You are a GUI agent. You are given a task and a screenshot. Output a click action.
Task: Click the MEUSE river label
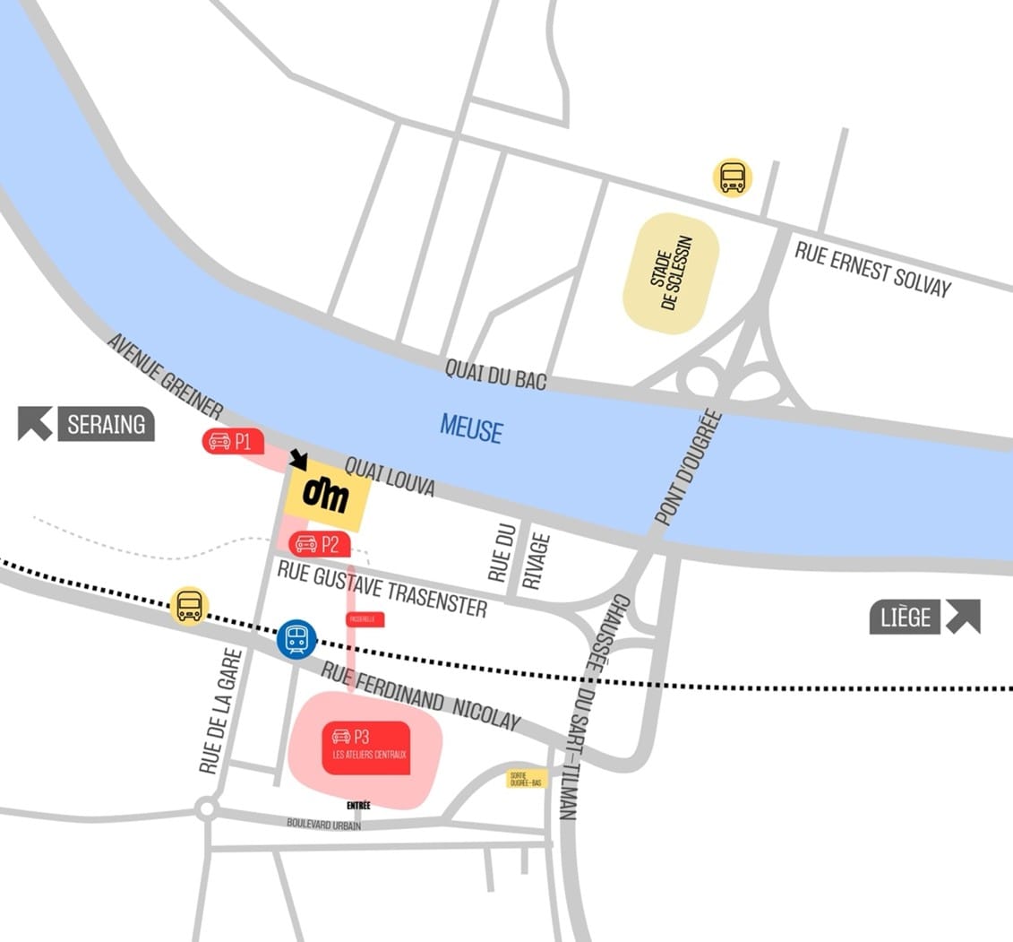(x=471, y=428)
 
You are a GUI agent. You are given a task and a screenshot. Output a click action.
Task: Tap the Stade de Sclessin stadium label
(x=672, y=273)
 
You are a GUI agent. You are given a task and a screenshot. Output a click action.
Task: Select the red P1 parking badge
(x=233, y=441)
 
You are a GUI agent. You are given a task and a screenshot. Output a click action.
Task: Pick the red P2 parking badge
(x=319, y=543)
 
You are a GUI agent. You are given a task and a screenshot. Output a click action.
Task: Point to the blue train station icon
(x=296, y=639)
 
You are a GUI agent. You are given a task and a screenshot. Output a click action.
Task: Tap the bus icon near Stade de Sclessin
(x=733, y=177)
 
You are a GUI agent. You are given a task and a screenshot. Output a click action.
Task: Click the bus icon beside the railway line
(x=189, y=606)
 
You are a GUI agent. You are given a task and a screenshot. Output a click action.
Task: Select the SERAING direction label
(x=106, y=424)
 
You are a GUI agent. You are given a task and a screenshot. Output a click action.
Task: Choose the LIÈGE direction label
(x=906, y=618)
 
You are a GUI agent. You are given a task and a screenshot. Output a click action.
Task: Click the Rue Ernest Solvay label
(x=872, y=267)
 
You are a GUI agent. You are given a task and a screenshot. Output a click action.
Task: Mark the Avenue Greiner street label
(x=165, y=376)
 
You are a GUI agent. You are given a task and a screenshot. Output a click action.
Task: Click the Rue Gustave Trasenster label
(x=382, y=588)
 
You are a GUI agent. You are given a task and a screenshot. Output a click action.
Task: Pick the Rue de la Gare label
(x=210, y=711)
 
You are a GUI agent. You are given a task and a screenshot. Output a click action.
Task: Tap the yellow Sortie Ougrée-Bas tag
(x=526, y=778)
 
